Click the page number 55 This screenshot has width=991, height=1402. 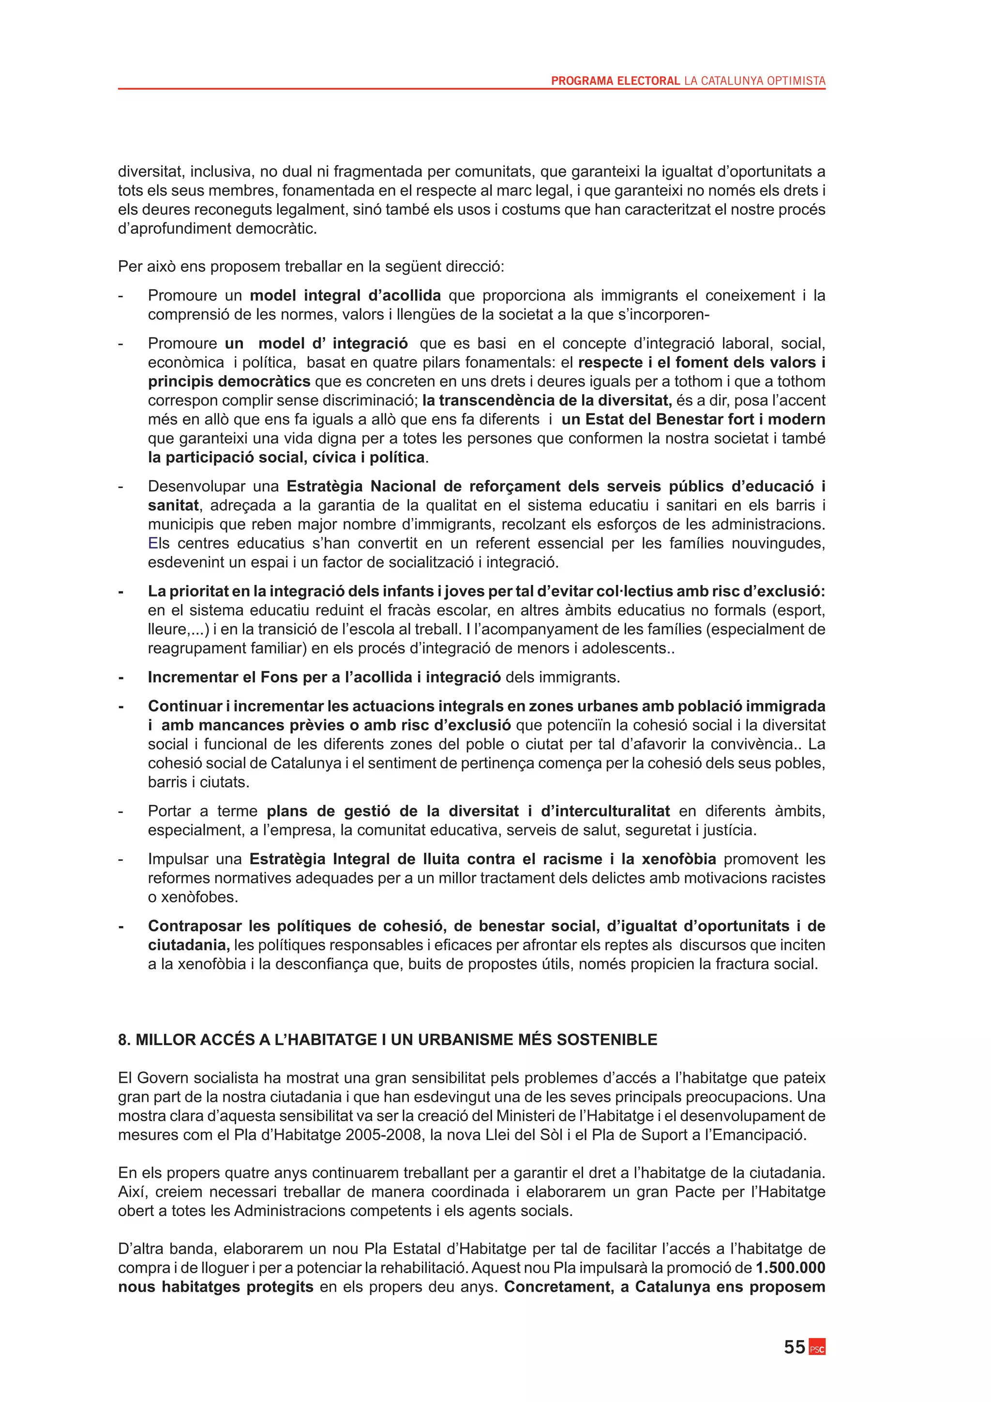[x=794, y=1347]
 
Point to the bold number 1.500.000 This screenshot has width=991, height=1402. [x=790, y=1268]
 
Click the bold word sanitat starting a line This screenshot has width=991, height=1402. [x=173, y=505]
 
